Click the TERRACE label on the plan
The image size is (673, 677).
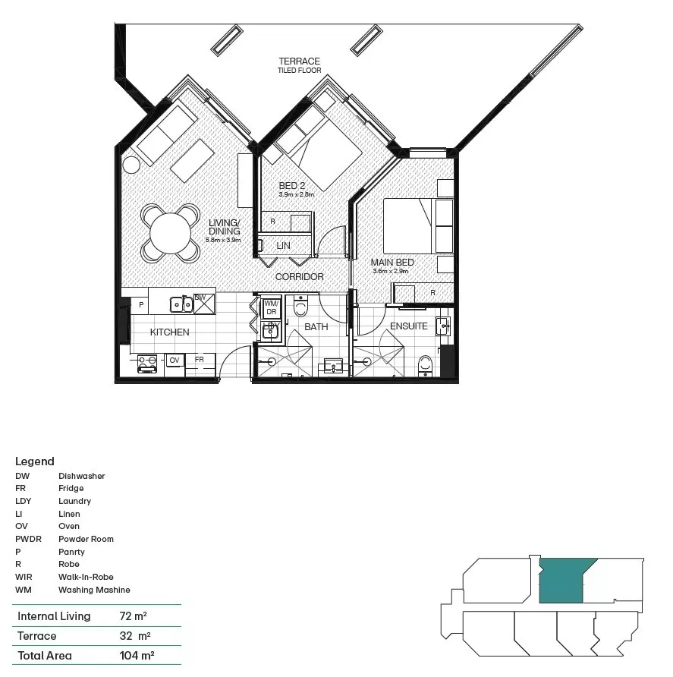299,61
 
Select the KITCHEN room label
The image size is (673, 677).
169,332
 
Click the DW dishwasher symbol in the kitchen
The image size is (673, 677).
203,303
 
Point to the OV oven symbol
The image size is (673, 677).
174,360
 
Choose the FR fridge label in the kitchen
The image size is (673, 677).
199,360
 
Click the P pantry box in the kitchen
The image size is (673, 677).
141,304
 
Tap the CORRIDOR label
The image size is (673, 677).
299,277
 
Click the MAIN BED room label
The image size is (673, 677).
392,263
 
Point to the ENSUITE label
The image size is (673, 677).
409,326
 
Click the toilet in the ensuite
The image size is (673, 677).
426,364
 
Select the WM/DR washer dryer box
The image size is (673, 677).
271,307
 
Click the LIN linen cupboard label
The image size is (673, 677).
283,246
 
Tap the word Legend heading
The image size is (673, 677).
35,461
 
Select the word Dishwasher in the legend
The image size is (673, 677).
82,476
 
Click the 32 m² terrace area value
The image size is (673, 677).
135,636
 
